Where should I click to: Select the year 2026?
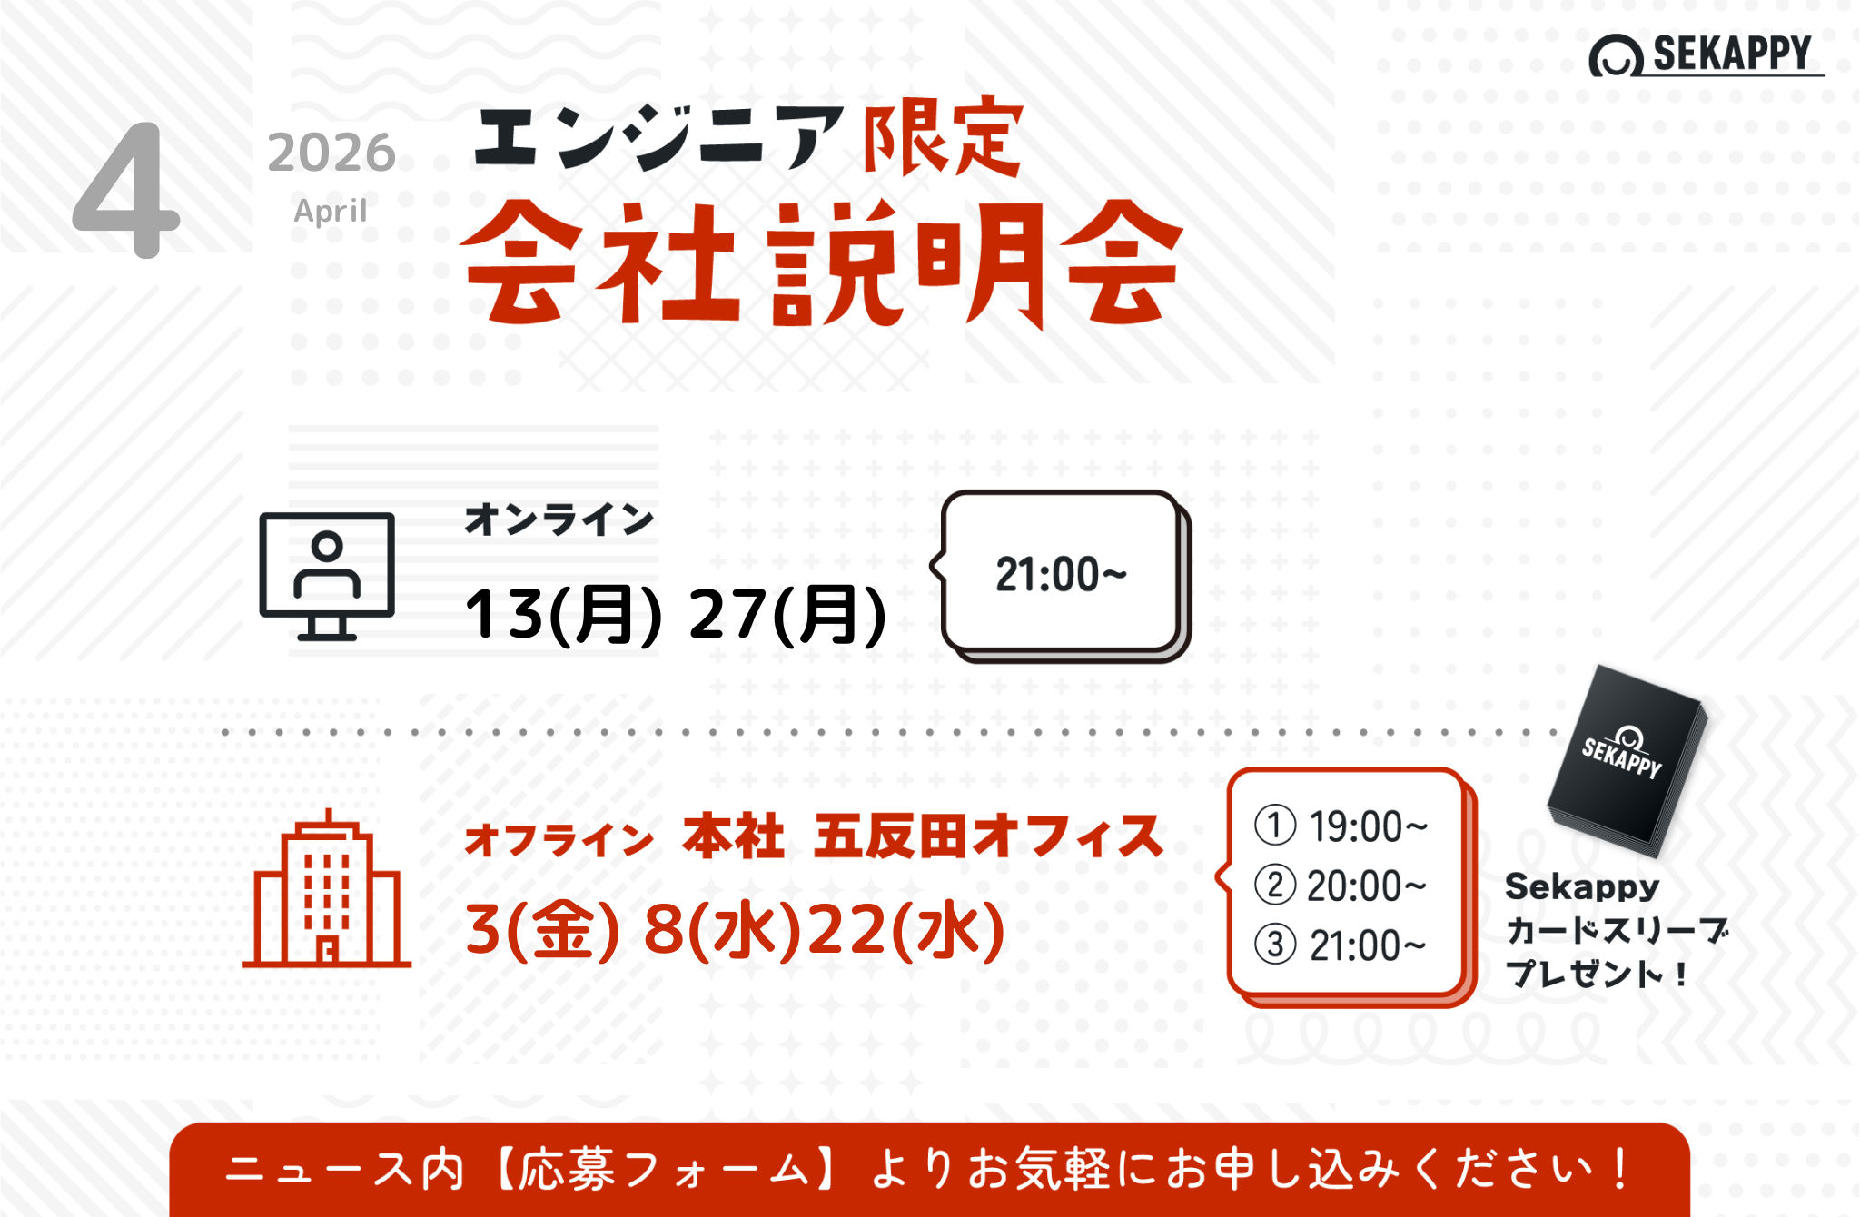click(x=331, y=152)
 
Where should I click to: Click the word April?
click(x=330, y=211)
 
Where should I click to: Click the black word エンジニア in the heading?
click(x=659, y=137)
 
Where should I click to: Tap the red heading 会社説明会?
click(x=823, y=263)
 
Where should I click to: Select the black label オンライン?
click(x=559, y=519)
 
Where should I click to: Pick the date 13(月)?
click(x=563, y=615)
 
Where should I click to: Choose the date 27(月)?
click(x=787, y=615)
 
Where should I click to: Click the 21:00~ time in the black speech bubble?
click(x=1061, y=575)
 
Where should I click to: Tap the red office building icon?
click(x=327, y=888)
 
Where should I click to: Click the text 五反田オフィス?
click(x=988, y=836)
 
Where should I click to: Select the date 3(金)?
click(x=542, y=930)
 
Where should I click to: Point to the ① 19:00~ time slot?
click(x=1341, y=826)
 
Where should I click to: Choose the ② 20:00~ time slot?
click(x=1341, y=886)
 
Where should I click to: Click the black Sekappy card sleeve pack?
click(x=1627, y=761)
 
